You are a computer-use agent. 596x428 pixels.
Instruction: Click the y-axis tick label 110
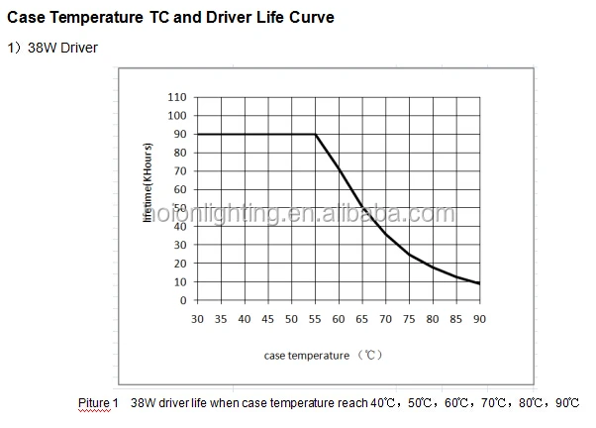(176, 97)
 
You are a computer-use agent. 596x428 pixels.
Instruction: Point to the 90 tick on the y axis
(179, 134)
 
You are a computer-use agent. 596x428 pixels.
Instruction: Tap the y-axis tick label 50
(179, 208)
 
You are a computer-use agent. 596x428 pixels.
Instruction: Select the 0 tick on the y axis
(182, 300)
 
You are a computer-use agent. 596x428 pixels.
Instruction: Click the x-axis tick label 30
(197, 318)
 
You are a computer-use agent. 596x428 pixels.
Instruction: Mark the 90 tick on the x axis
(479, 318)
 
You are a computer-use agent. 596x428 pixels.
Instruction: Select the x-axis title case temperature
(307, 355)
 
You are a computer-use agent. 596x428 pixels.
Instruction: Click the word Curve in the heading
(308, 18)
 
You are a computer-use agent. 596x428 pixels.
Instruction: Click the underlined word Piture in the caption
(94, 403)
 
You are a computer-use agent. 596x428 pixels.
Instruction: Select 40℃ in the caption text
(382, 403)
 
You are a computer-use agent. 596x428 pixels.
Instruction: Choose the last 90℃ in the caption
(568, 403)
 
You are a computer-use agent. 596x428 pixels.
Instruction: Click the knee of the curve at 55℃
(315, 134)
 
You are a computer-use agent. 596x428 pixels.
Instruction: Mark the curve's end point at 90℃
(479, 283)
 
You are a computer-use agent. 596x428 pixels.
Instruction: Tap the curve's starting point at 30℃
(198, 134)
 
